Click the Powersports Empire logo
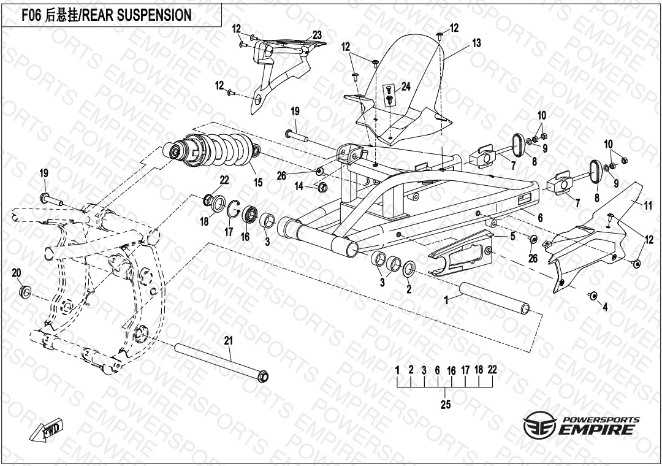(582, 426)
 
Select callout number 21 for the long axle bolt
(228, 341)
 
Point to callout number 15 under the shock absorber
(258, 182)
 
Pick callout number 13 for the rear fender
(476, 43)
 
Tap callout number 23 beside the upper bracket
(317, 34)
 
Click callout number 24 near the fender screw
(406, 86)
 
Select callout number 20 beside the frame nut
(17, 273)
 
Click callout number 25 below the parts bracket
(446, 405)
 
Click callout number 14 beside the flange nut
(299, 186)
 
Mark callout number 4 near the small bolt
(605, 307)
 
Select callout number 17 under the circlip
(229, 232)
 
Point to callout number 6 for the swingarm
(540, 218)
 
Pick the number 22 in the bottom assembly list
(492, 370)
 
